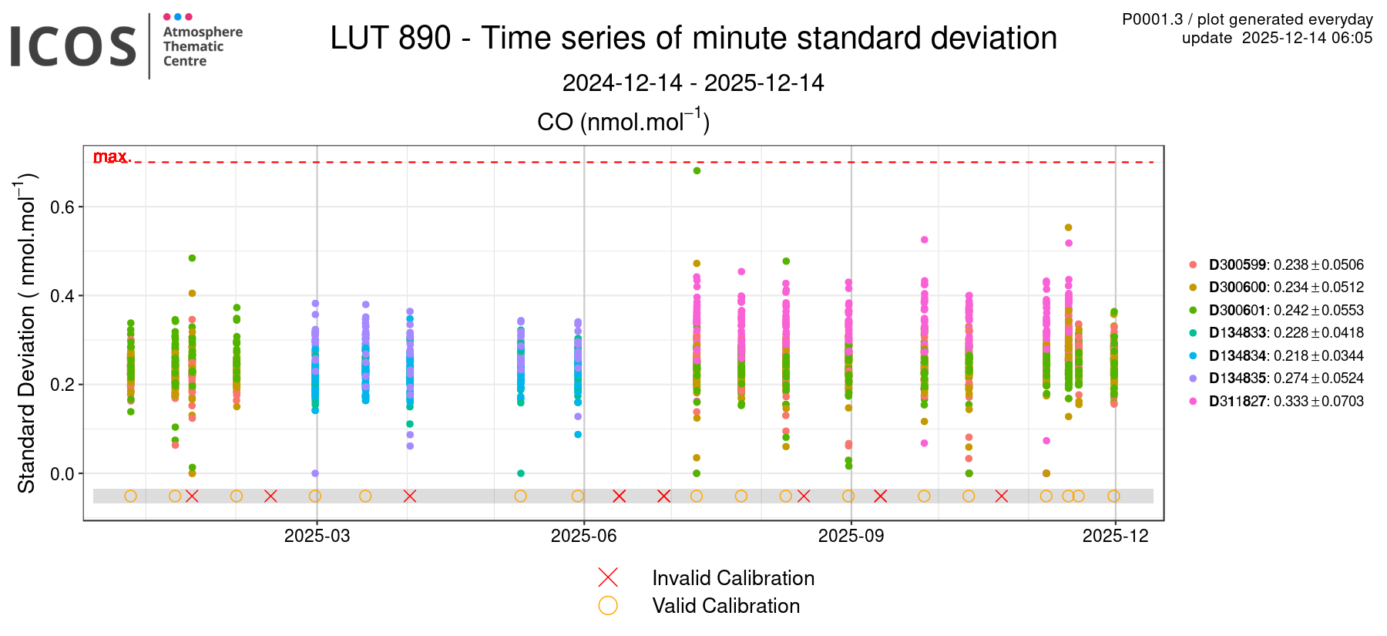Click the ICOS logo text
73,46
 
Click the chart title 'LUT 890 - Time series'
693,38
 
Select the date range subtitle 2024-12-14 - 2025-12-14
693,82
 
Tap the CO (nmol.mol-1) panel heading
623,121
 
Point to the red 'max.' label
112,156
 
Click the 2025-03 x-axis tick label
317,536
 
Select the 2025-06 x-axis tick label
583,536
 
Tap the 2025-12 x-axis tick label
1115,536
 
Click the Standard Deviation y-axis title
27,333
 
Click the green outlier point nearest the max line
697,170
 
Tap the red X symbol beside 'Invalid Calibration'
608,577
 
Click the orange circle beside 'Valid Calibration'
608,605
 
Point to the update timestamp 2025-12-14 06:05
1277,38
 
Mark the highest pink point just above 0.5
924,240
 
